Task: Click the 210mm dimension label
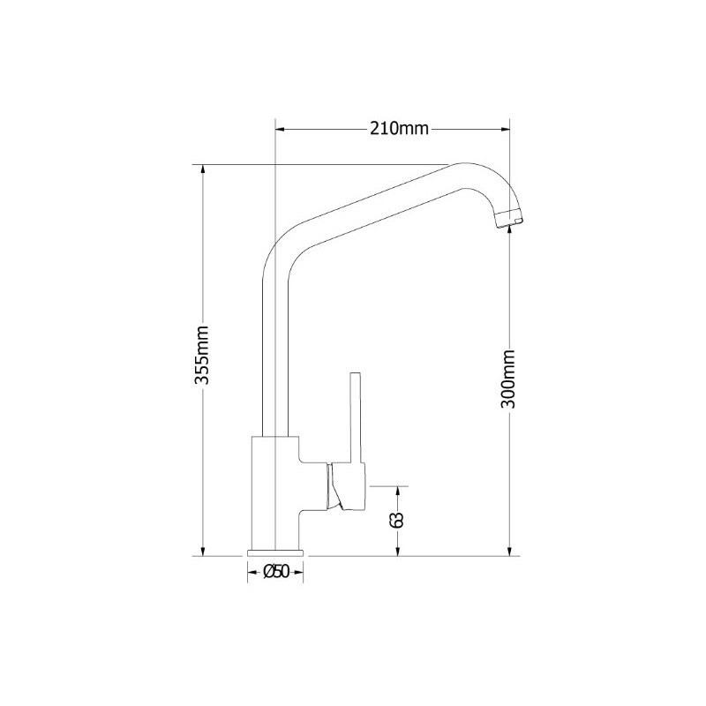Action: [x=400, y=129]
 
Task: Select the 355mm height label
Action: [x=201, y=356]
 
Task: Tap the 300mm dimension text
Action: [x=507, y=379]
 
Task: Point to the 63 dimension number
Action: [x=397, y=519]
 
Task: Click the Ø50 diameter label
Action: [x=275, y=571]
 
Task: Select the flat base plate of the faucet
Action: [x=275, y=552]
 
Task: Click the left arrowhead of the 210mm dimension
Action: [x=280, y=130]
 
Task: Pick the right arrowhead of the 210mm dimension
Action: [x=504, y=130]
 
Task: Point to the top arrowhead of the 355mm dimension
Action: [x=203, y=169]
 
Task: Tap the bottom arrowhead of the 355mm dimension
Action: [x=203, y=551]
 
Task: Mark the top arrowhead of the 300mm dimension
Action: [x=509, y=230]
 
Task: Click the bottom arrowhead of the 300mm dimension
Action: [x=509, y=551]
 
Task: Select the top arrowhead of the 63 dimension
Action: [x=398, y=492]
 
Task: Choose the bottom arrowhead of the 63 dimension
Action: [x=398, y=551]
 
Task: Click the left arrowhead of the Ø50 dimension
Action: [x=252, y=572]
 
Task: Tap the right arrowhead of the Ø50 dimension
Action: [x=298, y=572]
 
